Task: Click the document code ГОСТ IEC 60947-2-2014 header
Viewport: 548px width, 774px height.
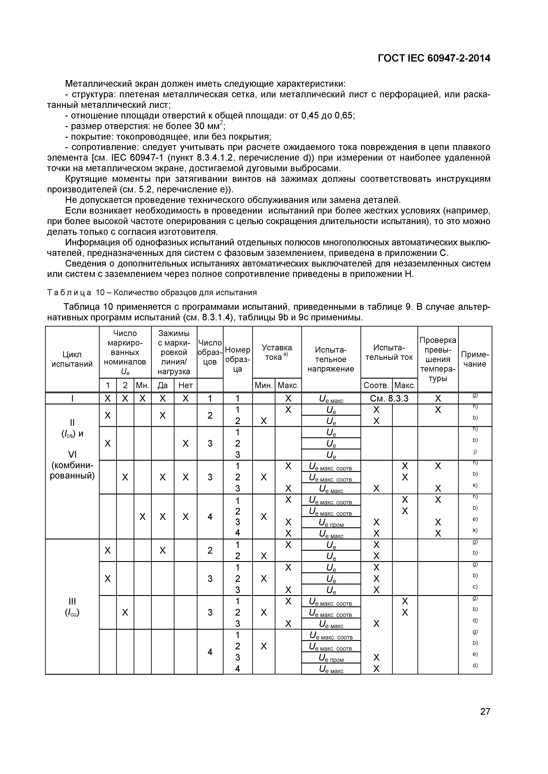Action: (434, 58)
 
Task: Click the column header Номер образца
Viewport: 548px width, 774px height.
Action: (238, 359)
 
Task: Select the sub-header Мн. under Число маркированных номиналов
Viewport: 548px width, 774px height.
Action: (142, 385)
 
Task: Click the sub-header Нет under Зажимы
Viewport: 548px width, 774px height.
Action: (185, 385)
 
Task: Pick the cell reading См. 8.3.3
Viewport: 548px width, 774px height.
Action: (389, 398)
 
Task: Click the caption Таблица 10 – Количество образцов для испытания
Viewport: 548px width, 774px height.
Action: (152, 292)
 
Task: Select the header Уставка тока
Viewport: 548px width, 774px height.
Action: (277, 352)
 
